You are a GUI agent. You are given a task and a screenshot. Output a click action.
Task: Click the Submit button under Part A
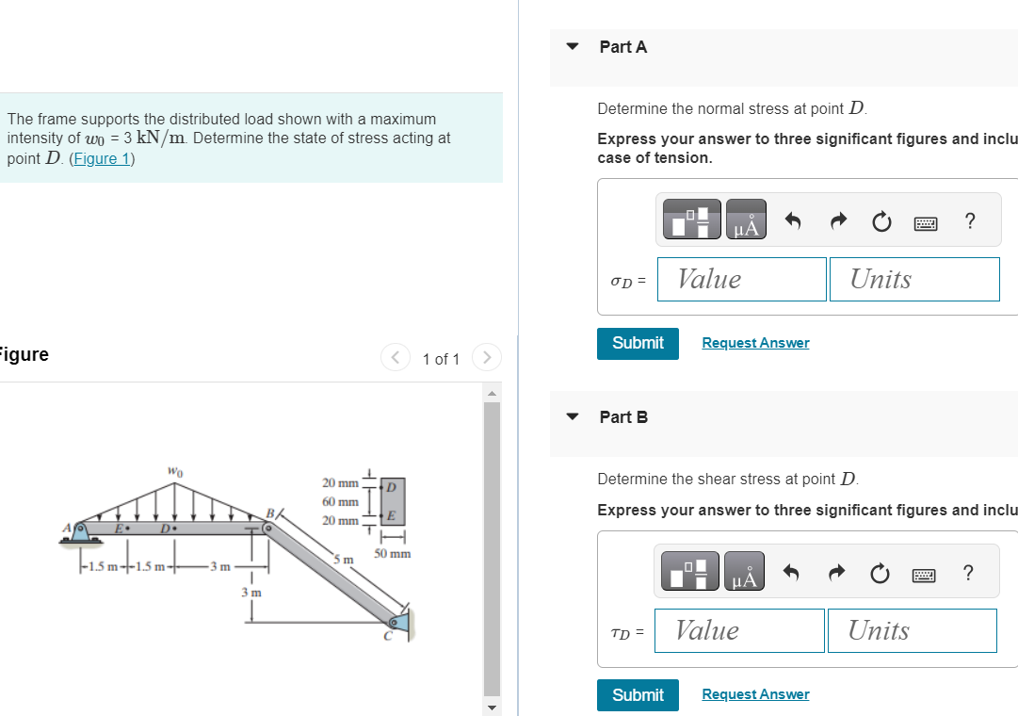click(638, 343)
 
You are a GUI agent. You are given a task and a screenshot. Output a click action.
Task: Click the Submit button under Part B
click(638, 695)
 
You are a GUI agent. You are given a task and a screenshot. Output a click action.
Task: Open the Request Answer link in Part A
click(755, 343)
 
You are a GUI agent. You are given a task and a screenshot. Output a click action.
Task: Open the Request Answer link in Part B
click(755, 695)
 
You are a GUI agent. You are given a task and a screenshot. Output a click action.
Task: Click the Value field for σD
click(741, 280)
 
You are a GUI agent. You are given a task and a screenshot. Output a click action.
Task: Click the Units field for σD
click(913, 280)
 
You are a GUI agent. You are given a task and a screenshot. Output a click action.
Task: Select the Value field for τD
click(739, 631)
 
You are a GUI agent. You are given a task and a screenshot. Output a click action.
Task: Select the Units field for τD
click(911, 631)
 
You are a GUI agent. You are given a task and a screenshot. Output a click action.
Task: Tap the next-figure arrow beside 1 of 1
click(486, 358)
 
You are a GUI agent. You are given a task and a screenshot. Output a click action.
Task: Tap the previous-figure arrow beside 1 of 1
click(395, 358)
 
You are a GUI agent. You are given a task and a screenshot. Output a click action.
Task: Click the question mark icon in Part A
click(970, 221)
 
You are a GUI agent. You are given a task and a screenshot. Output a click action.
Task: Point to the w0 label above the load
click(175, 471)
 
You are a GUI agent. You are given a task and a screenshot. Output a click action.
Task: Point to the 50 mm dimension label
click(392, 554)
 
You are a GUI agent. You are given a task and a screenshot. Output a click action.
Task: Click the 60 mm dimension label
click(340, 502)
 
